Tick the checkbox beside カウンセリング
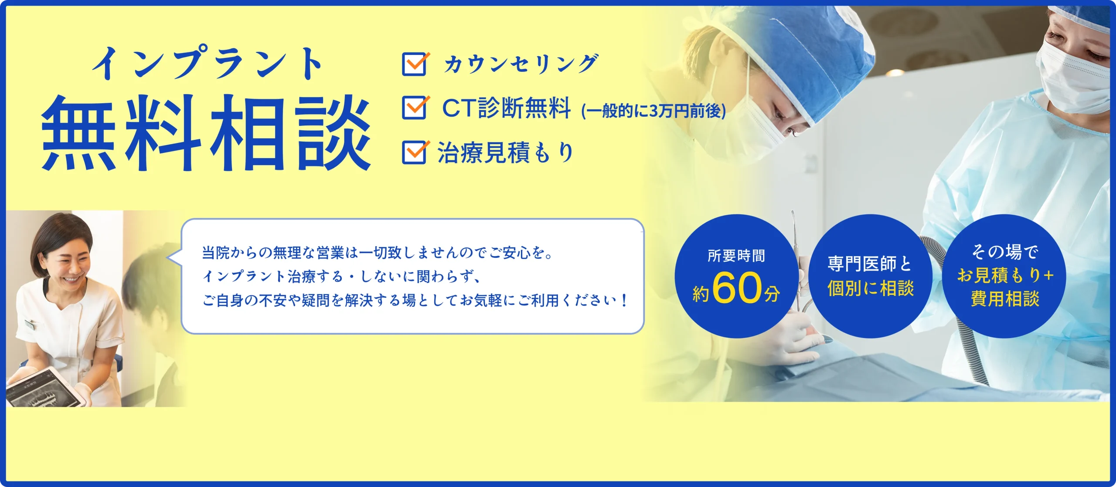click(x=414, y=64)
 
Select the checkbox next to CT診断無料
click(x=414, y=108)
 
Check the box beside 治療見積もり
click(x=414, y=152)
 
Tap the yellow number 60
click(x=737, y=288)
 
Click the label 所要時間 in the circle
click(x=736, y=256)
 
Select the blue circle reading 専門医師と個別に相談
click(x=870, y=276)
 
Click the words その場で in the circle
click(x=1005, y=252)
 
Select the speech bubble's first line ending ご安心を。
click(x=377, y=253)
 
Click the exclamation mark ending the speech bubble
click(x=624, y=300)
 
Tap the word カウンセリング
click(x=521, y=64)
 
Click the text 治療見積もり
click(x=506, y=152)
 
